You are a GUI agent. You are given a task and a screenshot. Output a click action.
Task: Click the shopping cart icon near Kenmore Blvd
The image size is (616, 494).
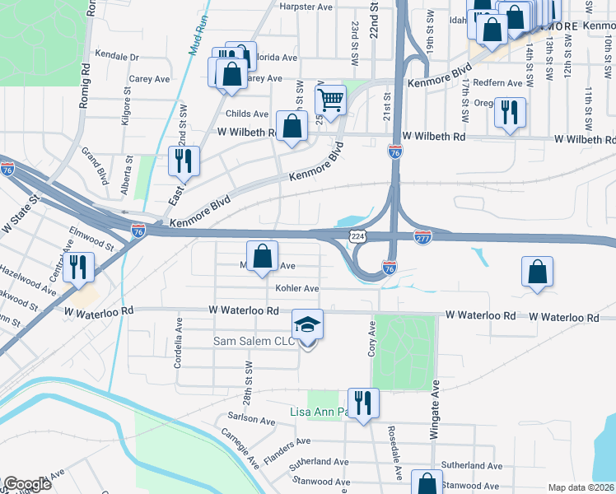tap(330, 100)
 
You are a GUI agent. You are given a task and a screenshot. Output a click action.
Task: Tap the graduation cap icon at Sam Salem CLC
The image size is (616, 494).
tap(308, 325)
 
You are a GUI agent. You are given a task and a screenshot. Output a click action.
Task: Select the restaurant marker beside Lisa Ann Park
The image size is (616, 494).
tap(362, 403)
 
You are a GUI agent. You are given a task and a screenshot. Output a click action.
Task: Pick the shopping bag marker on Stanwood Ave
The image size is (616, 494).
tap(427, 483)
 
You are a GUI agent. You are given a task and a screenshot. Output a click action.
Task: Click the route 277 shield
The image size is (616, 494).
tap(422, 236)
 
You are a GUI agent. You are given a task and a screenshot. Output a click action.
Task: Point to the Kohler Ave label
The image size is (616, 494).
tap(297, 289)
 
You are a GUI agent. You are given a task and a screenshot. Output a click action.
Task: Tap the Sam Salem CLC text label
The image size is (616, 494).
tap(254, 341)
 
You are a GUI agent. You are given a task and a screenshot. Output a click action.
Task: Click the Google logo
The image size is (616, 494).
tap(27, 484)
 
